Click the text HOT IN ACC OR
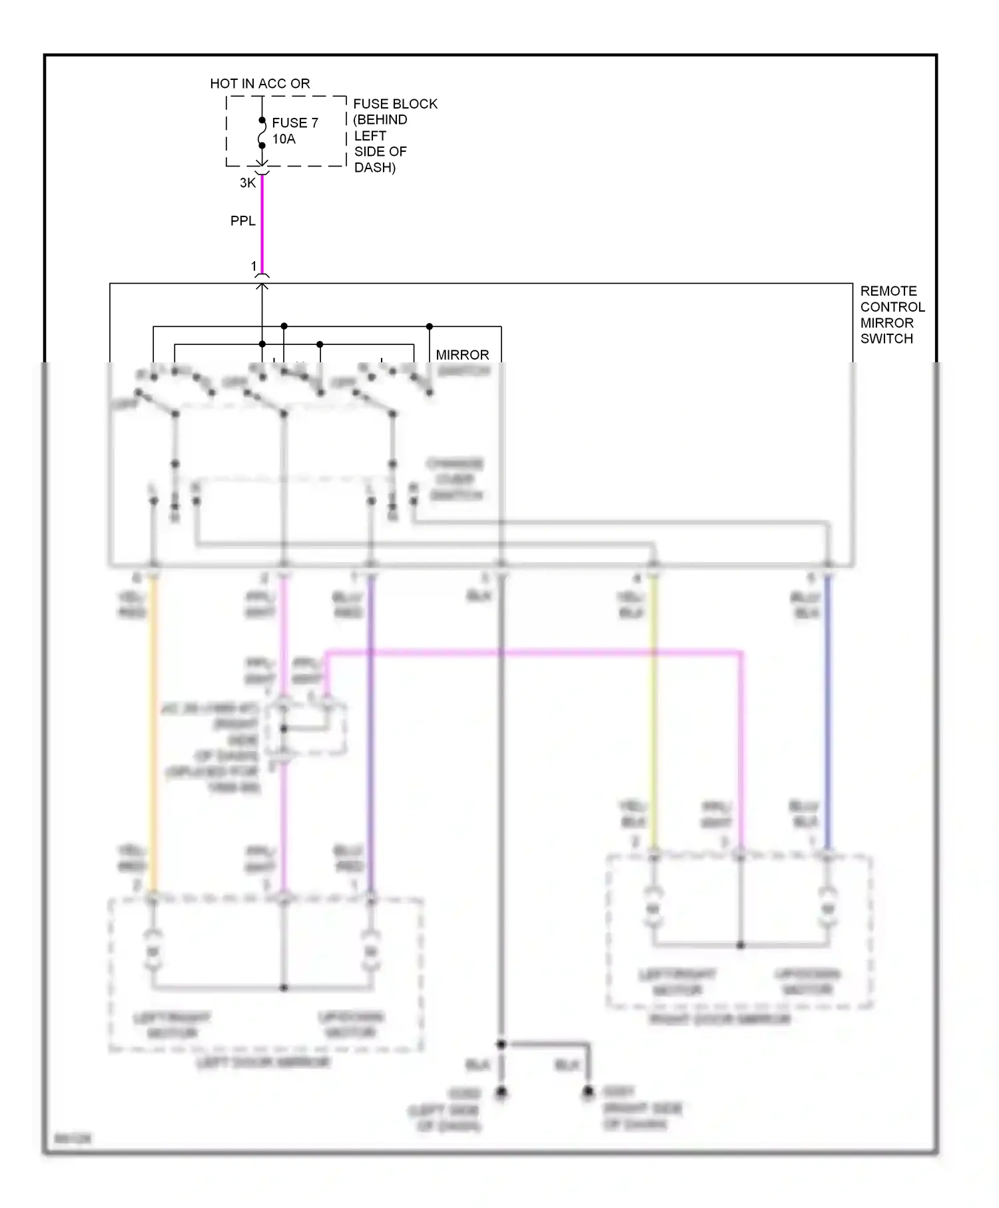click(260, 83)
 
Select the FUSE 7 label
click(294, 123)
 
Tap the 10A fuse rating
click(284, 139)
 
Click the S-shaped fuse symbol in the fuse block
click(262, 133)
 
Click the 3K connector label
click(247, 182)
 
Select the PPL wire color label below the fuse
click(242, 220)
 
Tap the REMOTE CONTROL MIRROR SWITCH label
click(891, 314)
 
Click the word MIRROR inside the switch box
click(462, 354)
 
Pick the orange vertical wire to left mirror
click(153, 733)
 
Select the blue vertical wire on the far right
click(828, 713)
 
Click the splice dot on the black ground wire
click(501, 1044)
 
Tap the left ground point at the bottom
click(501, 1092)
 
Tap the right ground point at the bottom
click(587, 1092)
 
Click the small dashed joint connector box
click(306, 729)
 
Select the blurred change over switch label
click(456, 479)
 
